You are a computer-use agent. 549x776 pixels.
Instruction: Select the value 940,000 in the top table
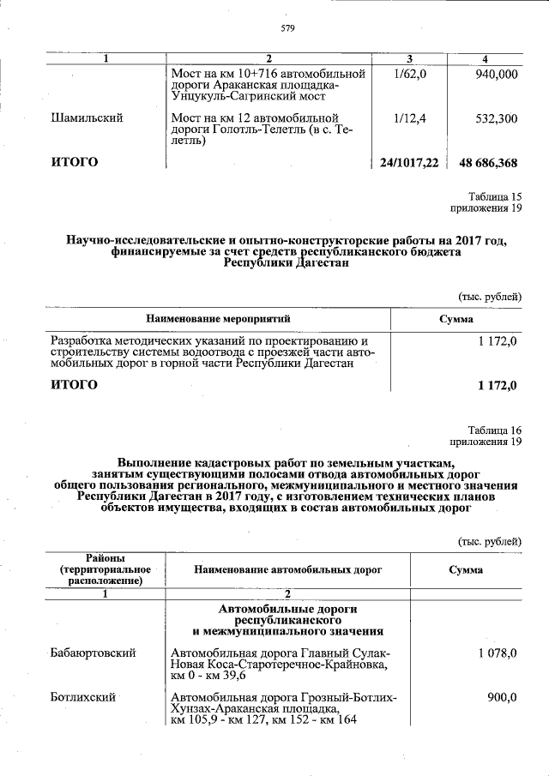[496, 75]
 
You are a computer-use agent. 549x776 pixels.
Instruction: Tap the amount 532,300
[496, 118]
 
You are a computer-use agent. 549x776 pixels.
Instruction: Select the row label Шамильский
[87, 118]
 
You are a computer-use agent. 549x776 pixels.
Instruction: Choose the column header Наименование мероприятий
[218, 318]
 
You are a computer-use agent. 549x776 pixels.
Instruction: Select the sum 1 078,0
[497, 653]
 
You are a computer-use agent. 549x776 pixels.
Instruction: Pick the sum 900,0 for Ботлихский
[501, 698]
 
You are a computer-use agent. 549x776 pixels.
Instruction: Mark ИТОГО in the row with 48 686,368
[75, 162]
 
